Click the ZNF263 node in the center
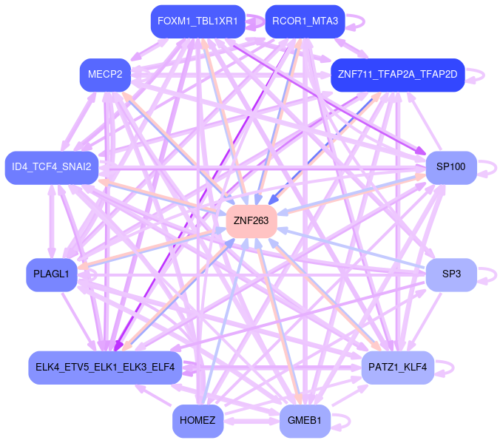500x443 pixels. pos(251,220)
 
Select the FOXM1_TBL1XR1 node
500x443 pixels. pos(197,21)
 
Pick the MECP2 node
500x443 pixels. pos(106,75)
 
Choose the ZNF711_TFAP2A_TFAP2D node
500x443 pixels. pos(397,75)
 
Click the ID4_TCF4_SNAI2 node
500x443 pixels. pos(51,167)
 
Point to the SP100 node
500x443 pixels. pos(450,167)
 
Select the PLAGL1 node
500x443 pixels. pos(51,274)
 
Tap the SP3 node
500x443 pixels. pos(451,274)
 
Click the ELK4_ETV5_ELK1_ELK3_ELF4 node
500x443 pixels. pos(105,367)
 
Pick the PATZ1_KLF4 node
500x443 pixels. pos(397,367)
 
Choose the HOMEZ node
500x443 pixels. pos(197,421)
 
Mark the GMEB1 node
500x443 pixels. pos(305,421)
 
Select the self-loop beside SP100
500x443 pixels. pos(488,167)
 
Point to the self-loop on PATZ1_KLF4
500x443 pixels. pos(446,367)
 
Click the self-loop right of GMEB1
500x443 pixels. pos(342,421)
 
